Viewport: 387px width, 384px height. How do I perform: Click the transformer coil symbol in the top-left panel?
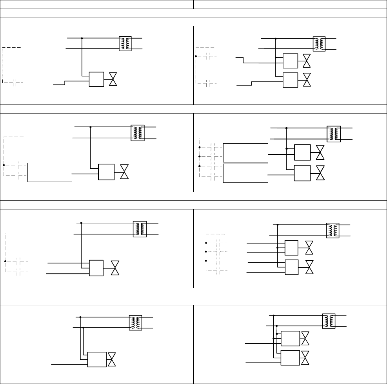click(x=125, y=43)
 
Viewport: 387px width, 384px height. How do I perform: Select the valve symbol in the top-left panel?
click(x=113, y=79)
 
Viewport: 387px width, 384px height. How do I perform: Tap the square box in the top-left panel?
click(x=96, y=79)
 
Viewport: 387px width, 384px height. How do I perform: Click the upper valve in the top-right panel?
click(x=307, y=61)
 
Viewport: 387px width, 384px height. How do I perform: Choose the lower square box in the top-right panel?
click(x=290, y=79)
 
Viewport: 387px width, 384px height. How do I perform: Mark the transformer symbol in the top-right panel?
click(x=319, y=44)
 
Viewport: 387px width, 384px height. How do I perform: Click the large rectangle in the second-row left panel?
click(x=50, y=172)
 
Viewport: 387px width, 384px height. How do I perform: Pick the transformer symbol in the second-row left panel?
click(x=138, y=133)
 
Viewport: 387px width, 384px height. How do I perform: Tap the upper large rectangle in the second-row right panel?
click(x=245, y=153)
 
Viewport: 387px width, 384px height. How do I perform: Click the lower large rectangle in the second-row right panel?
click(x=245, y=173)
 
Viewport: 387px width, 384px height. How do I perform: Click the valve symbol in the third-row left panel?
click(x=115, y=268)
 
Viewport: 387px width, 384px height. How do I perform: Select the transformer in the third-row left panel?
click(x=140, y=229)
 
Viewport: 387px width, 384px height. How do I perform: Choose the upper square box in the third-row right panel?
click(x=291, y=247)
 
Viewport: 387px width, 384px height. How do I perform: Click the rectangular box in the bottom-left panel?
click(x=96, y=359)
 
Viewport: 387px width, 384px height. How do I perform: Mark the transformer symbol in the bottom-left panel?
click(x=135, y=323)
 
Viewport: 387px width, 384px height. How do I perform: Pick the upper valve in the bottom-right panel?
click(x=305, y=338)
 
